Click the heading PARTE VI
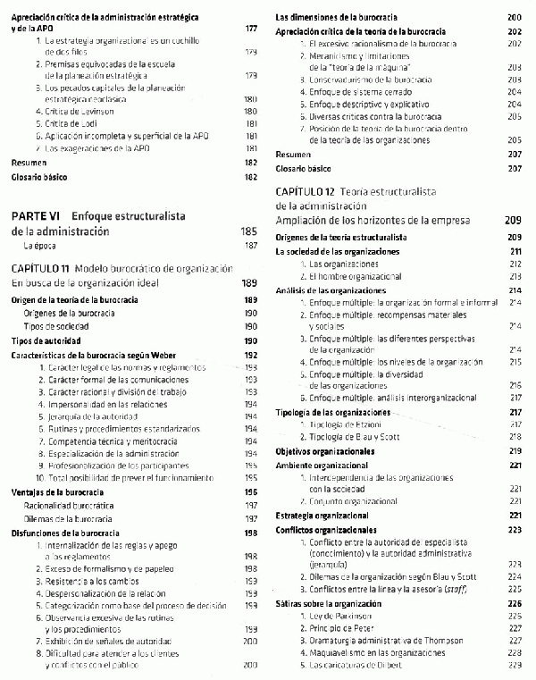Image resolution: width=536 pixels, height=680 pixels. [36, 215]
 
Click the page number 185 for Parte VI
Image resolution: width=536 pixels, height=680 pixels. [249, 231]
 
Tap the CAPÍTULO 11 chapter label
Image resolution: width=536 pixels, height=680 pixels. [41, 268]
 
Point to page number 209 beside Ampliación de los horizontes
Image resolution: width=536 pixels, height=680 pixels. [513, 220]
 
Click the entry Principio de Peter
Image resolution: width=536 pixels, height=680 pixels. [343, 628]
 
